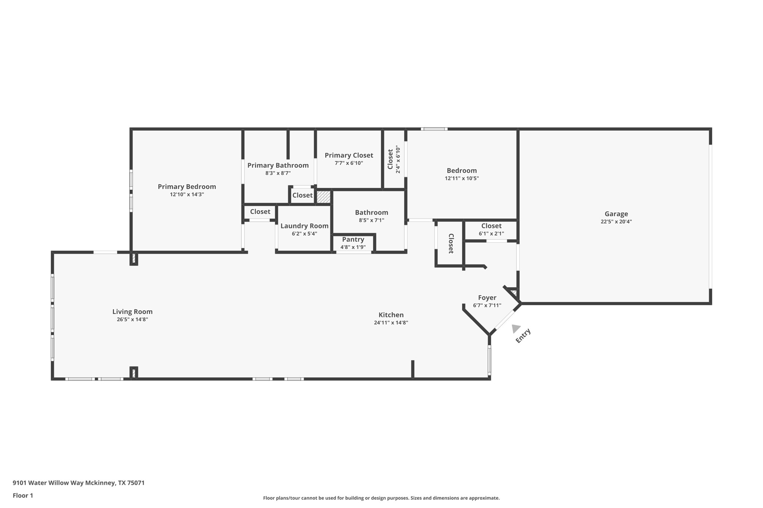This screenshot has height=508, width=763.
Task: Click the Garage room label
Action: pyautogui.click(x=616, y=214)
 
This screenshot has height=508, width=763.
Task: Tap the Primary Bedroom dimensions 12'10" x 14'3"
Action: pyautogui.click(x=187, y=194)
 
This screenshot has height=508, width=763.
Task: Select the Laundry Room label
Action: pyautogui.click(x=304, y=226)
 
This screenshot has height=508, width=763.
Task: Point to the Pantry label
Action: pyautogui.click(x=353, y=239)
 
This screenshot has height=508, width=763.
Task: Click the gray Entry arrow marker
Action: pyautogui.click(x=516, y=328)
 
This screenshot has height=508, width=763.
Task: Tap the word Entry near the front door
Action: pyautogui.click(x=523, y=336)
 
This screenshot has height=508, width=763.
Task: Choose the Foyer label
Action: pyautogui.click(x=487, y=297)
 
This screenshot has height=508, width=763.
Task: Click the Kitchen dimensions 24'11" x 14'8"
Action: pyautogui.click(x=391, y=323)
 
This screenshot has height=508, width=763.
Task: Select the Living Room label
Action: pyautogui.click(x=132, y=311)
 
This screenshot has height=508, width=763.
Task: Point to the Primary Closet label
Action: pyautogui.click(x=349, y=155)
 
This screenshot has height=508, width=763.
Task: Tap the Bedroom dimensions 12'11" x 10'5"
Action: pyautogui.click(x=462, y=178)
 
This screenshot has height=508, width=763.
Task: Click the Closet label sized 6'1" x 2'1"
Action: pyautogui.click(x=491, y=226)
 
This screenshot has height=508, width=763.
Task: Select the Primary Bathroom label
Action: pyautogui.click(x=278, y=165)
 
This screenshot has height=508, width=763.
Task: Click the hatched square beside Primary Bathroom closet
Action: pyautogui.click(x=323, y=197)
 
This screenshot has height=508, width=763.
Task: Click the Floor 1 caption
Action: pyautogui.click(x=23, y=495)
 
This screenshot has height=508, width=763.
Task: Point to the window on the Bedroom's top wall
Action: pyautogui.click(x=434, y=129)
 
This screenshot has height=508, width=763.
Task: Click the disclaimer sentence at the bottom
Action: pyautogui.click(x=381, y=498)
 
